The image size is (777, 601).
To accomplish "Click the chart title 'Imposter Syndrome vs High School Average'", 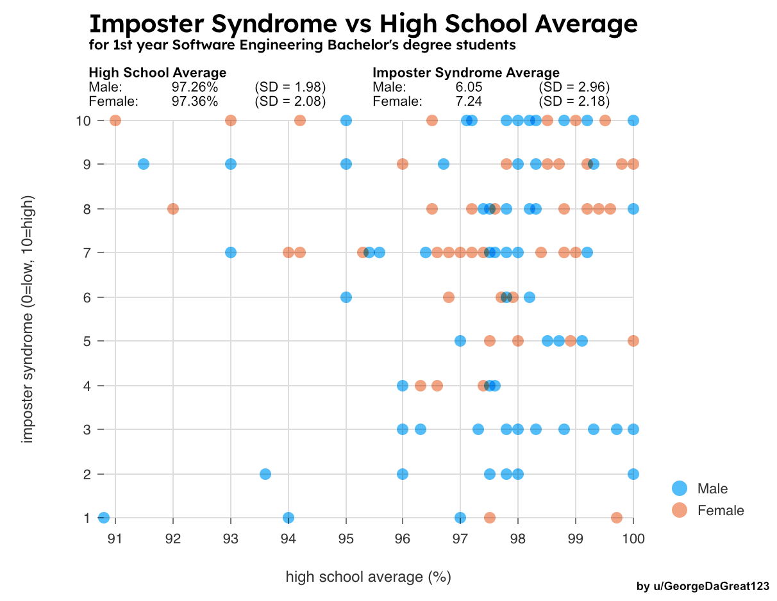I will click(363, 24).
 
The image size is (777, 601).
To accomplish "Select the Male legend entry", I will click(712, 488).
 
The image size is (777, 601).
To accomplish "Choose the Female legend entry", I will click(721, 510).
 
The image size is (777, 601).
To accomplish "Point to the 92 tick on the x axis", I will click(173, 538).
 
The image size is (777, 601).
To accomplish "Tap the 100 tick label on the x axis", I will click(633, 538).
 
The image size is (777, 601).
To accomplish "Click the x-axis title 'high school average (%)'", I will click(369, 577).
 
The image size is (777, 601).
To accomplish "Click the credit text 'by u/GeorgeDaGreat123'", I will click(703, 586).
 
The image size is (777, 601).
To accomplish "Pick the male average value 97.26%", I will click(195, 87).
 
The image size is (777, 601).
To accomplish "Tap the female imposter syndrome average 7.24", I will click(469, 101).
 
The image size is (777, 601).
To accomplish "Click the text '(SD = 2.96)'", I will click(574, 87).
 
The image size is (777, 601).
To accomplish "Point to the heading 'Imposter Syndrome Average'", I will click(466, 72).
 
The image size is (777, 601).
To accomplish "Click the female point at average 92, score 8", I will click(173, 209).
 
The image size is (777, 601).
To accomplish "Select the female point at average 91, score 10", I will click(115, 120).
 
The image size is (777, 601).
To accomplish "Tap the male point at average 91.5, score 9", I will click(144, 164).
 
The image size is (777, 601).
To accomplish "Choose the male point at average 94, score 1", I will click(288, 518).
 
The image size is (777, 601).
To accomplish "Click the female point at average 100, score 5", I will click(633, 341).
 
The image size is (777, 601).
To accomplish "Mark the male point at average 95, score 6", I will click(346, 297).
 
